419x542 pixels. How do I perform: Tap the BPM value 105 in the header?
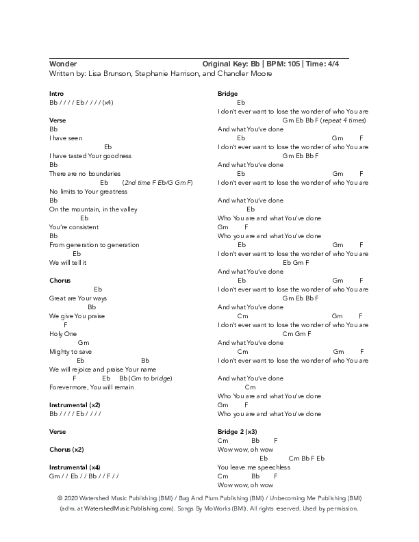click(x=290, y=64)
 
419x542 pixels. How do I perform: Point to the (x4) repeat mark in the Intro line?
click(x=107, y=102)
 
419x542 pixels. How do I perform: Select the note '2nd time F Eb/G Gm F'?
click(x=158, y=183)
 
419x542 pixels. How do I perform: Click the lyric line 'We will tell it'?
click(x=68, y=262)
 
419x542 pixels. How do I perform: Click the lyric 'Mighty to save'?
click(x=71, y=351)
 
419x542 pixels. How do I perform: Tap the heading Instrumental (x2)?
click(x=75, y=404)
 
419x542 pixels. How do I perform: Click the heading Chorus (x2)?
click(x=66, y=450)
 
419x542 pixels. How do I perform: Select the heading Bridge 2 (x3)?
click(x=237, y=432)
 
